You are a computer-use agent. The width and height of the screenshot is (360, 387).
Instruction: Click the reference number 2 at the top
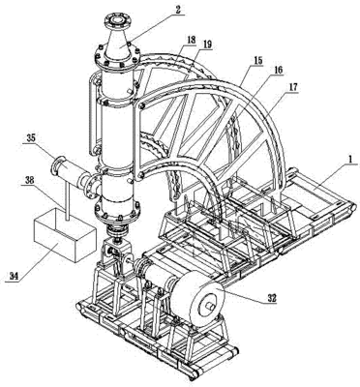[x=177, y=10]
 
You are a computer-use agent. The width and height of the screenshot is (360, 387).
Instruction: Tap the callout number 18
[x=191, y=41]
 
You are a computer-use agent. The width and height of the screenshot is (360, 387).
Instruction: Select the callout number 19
[x=207, y=45]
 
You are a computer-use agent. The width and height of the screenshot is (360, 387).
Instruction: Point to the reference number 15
[x=258, y=60]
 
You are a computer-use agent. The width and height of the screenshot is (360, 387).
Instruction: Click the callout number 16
[x=278, y=70]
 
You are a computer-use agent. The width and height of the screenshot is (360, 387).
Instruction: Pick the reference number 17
[x=293, y=87]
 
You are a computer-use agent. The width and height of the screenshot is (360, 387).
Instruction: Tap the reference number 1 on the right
[x=346, y=160]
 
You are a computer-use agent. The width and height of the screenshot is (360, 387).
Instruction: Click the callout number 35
[x=31, y=139]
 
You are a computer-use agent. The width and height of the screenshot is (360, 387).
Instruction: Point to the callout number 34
[x=14, y=276]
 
